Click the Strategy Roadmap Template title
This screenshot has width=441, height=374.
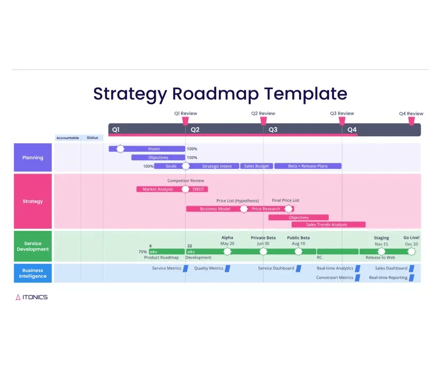point(220,94)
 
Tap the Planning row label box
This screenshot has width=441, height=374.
point(33,158)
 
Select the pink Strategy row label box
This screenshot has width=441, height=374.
point(33,201)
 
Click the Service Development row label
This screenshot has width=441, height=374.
point(33,246)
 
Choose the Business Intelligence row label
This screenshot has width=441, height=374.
point(33,273)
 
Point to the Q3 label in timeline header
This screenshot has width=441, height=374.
point(273,130)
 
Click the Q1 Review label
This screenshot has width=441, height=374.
point(186,113)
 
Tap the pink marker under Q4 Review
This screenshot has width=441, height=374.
point(411,121)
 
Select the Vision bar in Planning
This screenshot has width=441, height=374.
point(154,149)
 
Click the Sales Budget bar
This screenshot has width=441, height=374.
point(256,166)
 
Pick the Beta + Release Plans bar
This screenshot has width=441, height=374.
point(308,166)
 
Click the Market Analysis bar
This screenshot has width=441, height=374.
point(158,189)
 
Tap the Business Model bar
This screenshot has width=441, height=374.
point(215,209)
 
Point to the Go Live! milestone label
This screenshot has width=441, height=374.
point(411,238)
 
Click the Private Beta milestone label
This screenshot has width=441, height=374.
point(263,238)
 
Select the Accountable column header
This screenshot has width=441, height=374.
point(68,138)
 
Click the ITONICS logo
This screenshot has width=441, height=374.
point(32,297)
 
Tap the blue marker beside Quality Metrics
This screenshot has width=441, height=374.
point(227,268)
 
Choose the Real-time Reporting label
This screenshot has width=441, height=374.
point(388,278)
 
